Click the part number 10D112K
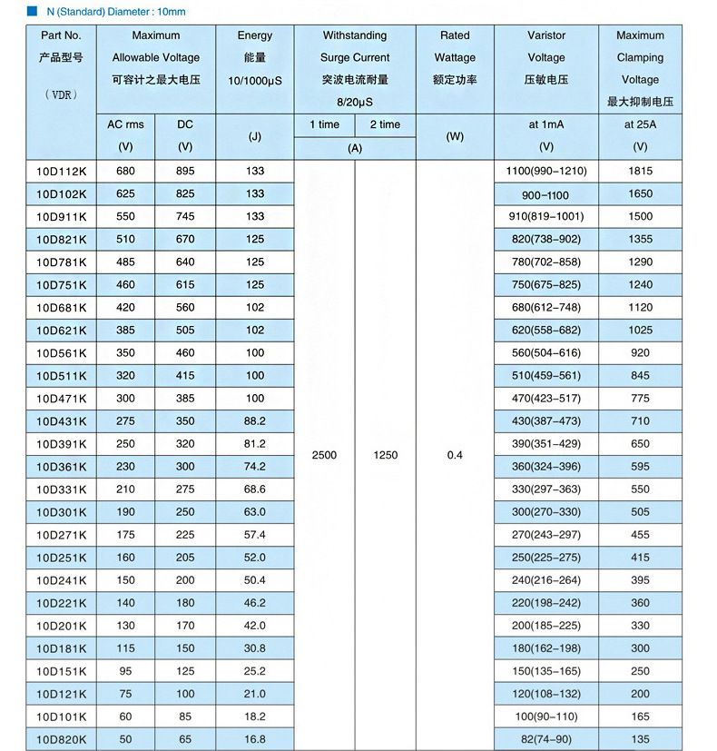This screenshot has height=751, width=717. [x=62, y=171]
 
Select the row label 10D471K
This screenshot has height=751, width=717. [x=62, y=398]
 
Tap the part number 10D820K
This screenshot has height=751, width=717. [x=62, y=739]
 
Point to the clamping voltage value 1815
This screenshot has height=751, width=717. [x=640, y=171]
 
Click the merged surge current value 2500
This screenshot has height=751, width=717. [x=324, y=455]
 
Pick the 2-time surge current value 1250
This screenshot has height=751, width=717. [x=385, y=455]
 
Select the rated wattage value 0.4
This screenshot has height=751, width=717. [x=455, y=455]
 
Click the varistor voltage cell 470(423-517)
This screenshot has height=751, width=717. [x=545, y=398]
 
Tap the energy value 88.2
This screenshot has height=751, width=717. [x=255, y=421]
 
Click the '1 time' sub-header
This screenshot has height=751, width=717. [x=324, y=124]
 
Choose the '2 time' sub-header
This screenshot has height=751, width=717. [x=385, y=124]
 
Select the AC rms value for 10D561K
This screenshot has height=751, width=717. [x=126, y=352]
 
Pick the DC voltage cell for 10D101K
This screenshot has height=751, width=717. [x=185, y=716]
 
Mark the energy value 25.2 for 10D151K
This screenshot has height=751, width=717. [x=255, y=671]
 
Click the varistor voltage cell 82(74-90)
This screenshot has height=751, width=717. [x=545, y=739]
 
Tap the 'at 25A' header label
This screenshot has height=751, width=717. [x=640, y=124]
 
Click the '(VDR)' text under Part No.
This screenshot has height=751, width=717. [x=62, y=94]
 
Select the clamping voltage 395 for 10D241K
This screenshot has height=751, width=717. [x=640, y=580]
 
